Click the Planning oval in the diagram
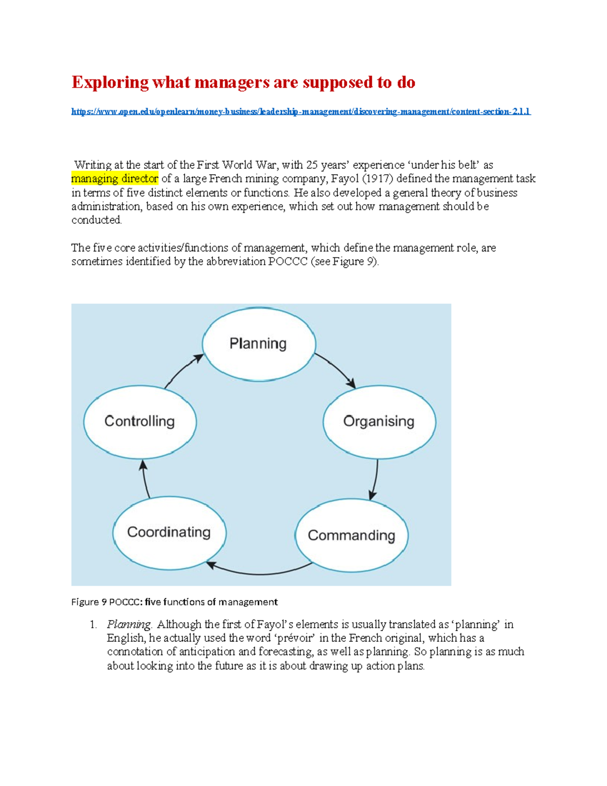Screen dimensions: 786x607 (x=258, y=344)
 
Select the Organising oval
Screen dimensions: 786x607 (x=379, y=422)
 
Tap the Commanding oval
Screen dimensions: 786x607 (x=351, y=535)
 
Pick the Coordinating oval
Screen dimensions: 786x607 (x=169, y=532)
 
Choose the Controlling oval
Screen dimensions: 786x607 (x=140, y=422)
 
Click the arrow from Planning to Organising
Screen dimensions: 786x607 (x=336, y=369)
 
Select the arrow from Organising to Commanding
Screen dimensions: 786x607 (x=375, y=479)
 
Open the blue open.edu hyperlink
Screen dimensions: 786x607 (x=300, y=112)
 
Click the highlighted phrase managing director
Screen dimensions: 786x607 (x=115, y=179)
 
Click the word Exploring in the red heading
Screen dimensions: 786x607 (x=110, y=82)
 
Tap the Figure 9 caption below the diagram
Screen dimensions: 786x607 (x=175, y=602)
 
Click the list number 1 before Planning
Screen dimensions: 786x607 (x=93, y=625)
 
